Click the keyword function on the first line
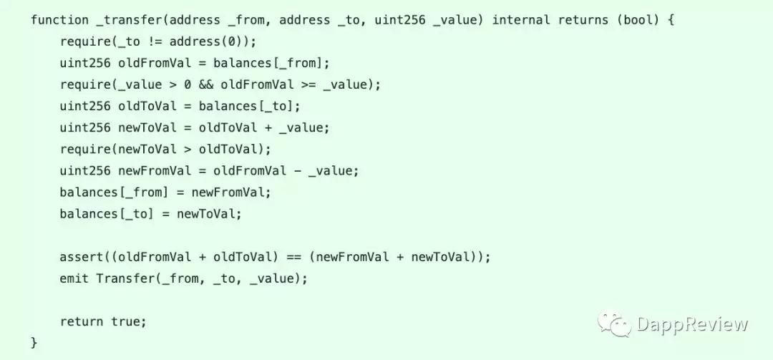pyautogui.click(x=59, y=21)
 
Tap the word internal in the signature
pyautogui.click(x=521, y=21)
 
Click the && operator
pyautogui.click(x=206, y=85)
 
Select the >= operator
pyautogui.click(x=308, y=85)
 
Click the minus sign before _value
pyautogui.click(x=297, y=170)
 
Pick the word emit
pyautogui.click(x=74, y=278)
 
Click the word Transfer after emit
pyautogui.click(x=126, y=278)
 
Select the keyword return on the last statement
pyautogui.click(x=82, y=321)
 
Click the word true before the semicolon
pyautogui.click(x=125, y=321)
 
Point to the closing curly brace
pyautogui.click(x=34, y=343)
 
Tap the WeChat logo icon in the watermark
pyautogui.click(x=614, y=323)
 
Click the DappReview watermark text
pyautogui.click(x=692, y=324)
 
